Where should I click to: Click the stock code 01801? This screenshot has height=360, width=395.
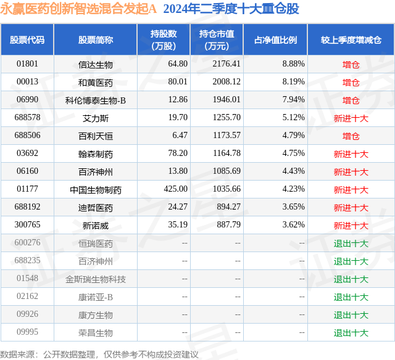pyautogui.click(x=27, y=64)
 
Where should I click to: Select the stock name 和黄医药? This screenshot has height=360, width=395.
pyautogui.click(x=96, y=83)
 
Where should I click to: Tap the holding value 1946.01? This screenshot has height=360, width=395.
pyautogui.click(x=227, y=100)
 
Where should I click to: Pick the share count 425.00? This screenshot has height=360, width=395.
pyautogui.click(x=175, y=189)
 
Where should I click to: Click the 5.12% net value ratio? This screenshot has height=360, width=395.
pyautogui.click(x=294, y=118)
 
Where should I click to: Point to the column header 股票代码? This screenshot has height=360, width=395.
pyautogui.click(x=27, y=39)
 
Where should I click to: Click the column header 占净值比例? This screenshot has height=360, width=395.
pyautogui.click(x=275, y=39)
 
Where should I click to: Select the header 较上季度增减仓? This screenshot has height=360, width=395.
pyautogui.click(x=351, y=39)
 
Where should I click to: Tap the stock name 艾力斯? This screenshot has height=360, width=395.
pyautogui.click(x=96, y=118)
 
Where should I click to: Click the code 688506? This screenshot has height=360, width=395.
pyautogui.click(x=27, y=136)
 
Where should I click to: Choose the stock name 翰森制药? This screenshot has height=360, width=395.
pyautogui.click(x=96, y=154)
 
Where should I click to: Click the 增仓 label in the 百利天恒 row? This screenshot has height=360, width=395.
pyautogui.click(x=351, y=136)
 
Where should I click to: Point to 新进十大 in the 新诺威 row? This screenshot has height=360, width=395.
pyautogui.click(x=351, y=226)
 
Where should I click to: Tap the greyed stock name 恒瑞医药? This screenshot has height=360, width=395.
pyautogui.click(x=96, y=243)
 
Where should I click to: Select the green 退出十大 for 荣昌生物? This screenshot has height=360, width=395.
pyautogui.click(x=351, y=333)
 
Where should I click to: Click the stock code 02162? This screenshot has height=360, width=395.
pyautogui.click(x=27, y=296)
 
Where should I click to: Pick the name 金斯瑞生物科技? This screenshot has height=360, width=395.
pyautogui.click(x=96, y=279)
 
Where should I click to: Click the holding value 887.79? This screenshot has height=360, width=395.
pyautogui.click(x=229, y=224)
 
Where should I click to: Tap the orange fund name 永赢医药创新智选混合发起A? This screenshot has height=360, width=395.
pyautogui.click(x=78, y=9)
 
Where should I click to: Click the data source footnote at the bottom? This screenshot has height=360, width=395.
pyautogui.click(x=99, y=354)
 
